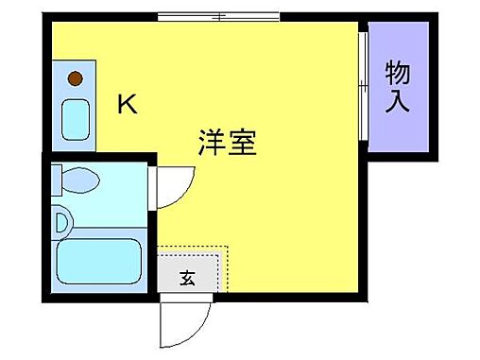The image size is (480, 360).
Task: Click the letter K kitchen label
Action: tap(126, 105)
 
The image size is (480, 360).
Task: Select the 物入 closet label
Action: tap(398, 86)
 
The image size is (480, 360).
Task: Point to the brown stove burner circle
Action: tap(75, 78)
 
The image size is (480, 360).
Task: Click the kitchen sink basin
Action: tap(74, 117)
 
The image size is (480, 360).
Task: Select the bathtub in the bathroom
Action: tap(98, 261)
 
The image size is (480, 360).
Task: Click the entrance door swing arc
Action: tap(180, 323)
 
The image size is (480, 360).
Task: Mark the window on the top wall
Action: tap(218, 16)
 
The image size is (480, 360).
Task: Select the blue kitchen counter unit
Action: tap(74, 102)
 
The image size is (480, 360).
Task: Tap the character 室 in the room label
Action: tap(245, 143)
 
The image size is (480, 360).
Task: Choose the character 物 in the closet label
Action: tap(398, 72)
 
